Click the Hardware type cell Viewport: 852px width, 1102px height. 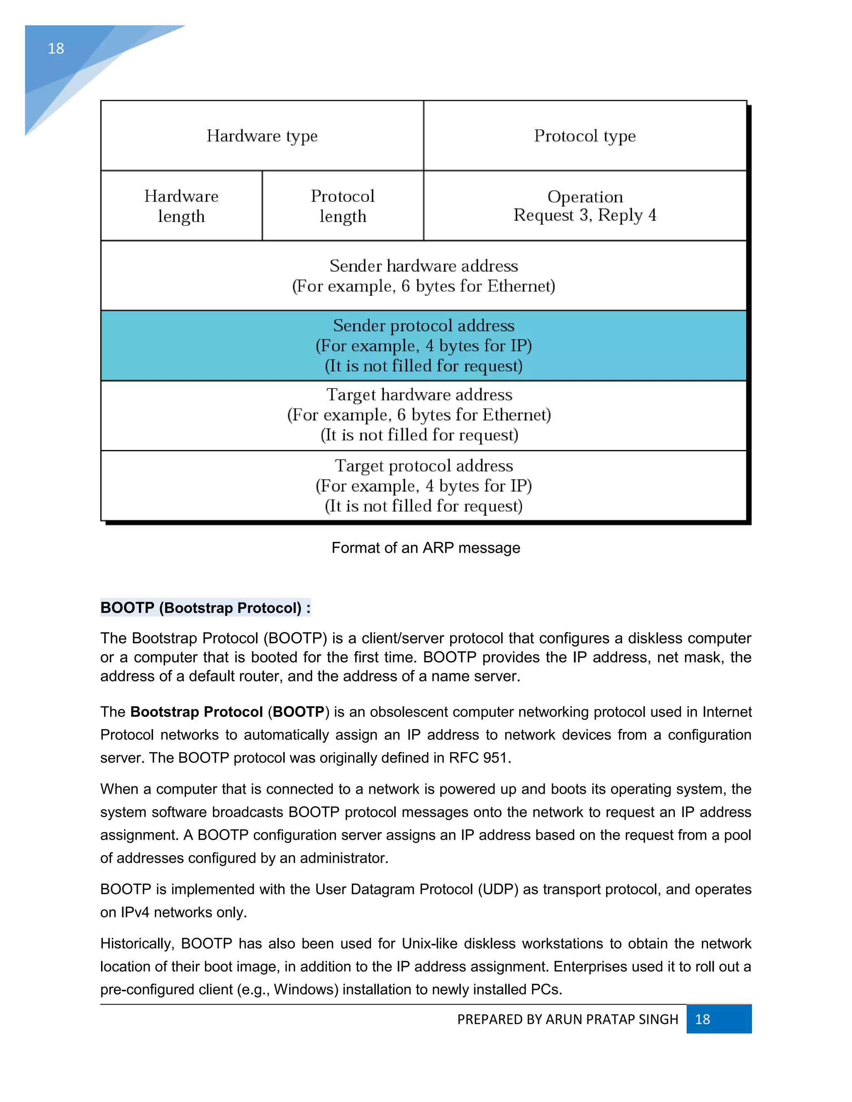click(262, 136)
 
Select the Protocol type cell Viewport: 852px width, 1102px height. click(585, 136)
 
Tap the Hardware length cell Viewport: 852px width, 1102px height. click(181, 206)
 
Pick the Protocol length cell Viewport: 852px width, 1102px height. click(343, 206)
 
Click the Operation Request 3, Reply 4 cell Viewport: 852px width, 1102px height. click(585, 206)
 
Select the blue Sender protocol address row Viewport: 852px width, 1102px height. click(424, 346)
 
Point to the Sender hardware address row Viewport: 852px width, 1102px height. click(424, 275)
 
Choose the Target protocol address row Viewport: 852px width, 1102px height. click(424, 485)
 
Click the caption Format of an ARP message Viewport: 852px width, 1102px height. click(426, 548)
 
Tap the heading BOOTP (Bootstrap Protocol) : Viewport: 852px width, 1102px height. click(206, 608)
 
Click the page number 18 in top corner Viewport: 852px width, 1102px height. click(56, 48)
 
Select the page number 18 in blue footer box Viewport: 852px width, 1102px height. click(703, 1019)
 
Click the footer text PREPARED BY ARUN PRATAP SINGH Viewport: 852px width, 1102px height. click(567, 1019)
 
